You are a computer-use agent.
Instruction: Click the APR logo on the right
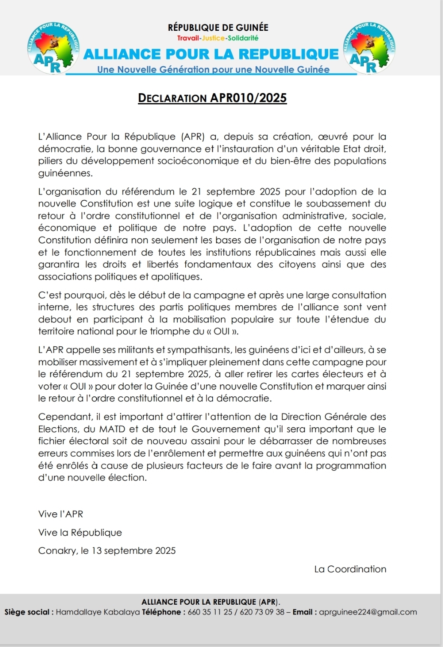[x=369, y=48]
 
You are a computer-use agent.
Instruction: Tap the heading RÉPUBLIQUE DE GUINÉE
[x=218, y=28]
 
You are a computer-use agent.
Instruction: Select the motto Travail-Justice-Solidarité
[x=218, y=38]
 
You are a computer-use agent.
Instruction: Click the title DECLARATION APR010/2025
[x=212, y=98]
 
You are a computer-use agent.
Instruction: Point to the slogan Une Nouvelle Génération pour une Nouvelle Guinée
[x=213, y=69]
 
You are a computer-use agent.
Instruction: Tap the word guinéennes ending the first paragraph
[x=65, y=174]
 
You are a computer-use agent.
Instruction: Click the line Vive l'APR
[x=60, y=514]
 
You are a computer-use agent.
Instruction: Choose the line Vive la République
[x=80, y=532]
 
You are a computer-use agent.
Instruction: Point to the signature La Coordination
[x=350, y=569]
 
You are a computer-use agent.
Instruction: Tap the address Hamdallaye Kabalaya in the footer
[x=98, y=612]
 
